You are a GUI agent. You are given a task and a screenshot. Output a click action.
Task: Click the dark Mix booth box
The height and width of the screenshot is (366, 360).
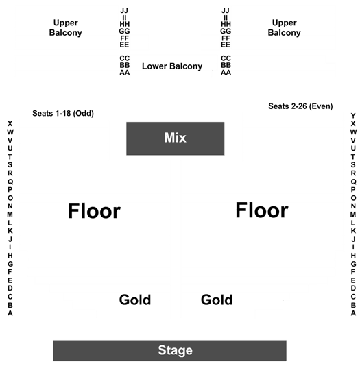click(x=175, y=138)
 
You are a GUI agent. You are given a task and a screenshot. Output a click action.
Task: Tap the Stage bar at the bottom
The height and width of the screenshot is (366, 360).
click(x=170, y=351)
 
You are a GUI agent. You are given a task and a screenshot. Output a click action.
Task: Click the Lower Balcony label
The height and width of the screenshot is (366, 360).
click(x=172, y=66)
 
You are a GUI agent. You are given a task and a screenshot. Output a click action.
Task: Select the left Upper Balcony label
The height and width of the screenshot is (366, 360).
click(x=66, y=27)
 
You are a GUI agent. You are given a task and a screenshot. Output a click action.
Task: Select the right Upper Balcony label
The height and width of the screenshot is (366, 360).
click(x=284, y=27)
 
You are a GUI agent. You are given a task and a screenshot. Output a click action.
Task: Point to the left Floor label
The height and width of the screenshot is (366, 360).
click(x=94, y=211)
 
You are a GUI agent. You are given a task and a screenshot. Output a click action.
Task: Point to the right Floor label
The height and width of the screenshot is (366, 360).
click(x=262, y=210)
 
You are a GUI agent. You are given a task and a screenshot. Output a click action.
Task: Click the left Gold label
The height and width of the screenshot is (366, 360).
click(x=135, y=300)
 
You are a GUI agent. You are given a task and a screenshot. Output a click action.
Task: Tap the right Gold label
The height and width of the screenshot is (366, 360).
click(x=217, y=300)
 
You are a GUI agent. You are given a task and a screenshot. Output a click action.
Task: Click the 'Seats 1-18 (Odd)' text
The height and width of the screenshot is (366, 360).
click(x=63, y=114)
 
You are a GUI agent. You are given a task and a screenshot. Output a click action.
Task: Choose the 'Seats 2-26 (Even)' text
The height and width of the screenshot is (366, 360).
click(x=300, y=106)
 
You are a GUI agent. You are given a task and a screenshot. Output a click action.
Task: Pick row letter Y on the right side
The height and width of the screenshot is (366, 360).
click(x=353, y=116)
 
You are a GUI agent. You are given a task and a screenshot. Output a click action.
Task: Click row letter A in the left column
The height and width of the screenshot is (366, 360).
click(x=10, y=313)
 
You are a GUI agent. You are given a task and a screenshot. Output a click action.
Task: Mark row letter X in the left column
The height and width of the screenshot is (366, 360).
click(x=10, y=123)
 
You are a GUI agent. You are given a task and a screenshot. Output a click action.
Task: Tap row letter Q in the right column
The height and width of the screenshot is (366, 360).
click(x=353, y=182)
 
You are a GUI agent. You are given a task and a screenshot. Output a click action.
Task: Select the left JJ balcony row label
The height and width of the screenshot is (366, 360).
click(x=124, y=10)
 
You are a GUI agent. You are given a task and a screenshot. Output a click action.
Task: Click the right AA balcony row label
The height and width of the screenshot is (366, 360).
click(x=226, y=73)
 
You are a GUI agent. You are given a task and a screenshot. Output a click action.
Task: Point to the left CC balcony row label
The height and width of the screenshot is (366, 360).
click(x=124, y=58)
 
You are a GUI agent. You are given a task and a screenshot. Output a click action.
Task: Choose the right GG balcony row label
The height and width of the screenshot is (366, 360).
click(x=226, y=31)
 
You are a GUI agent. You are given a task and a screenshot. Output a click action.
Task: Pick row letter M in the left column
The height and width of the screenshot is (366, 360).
click(x=10, y=215)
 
